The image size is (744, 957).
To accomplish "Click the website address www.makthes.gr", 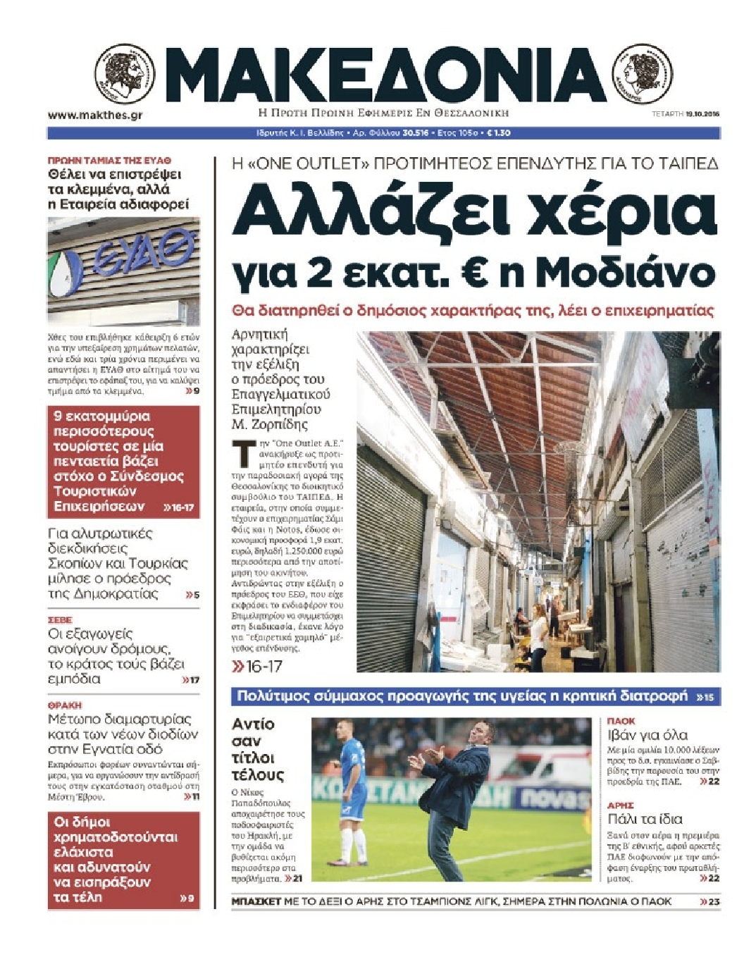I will (x=94, y=115).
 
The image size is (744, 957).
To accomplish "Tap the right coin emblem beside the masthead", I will (x=643, y=73).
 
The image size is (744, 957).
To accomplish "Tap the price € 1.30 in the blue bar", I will (x=499, y=132).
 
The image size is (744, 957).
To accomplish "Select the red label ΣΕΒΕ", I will (x=61, y=620).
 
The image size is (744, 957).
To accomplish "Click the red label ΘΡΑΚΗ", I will (x=65, y=705).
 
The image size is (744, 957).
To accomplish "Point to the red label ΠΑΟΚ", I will (x=621, y=721).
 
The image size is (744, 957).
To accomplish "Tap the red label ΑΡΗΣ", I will (x=621, y=805).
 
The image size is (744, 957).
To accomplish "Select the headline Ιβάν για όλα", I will (x=647, y=735).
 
